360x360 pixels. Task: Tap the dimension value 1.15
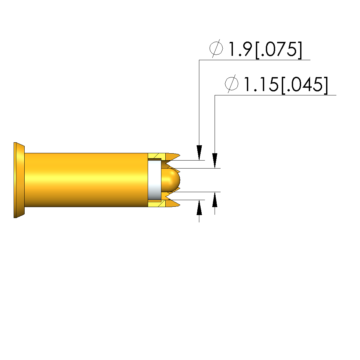[x=261, y=84]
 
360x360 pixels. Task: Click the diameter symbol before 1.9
[x=216, y=48]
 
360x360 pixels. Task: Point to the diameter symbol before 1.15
[x=232, y=83]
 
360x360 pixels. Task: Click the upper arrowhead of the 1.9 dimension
[x=199, y=153]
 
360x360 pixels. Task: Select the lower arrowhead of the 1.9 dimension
[x=199, y=208]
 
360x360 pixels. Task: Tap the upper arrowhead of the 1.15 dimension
[x=215, y=161]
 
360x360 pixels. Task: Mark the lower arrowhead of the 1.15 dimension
[x=215, y=199]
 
